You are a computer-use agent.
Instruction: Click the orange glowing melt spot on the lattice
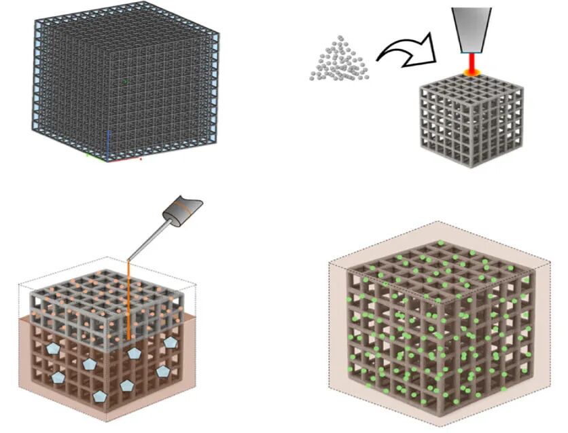pyautogui.click(x=471, y=71)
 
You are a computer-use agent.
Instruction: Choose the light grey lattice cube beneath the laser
pyautogui.click(x=469, y=119)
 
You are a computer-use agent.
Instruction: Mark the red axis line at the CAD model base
pyautogui.click(x=126, y=160)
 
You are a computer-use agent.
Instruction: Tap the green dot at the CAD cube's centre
pyautogui.click(x=125, y=81)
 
